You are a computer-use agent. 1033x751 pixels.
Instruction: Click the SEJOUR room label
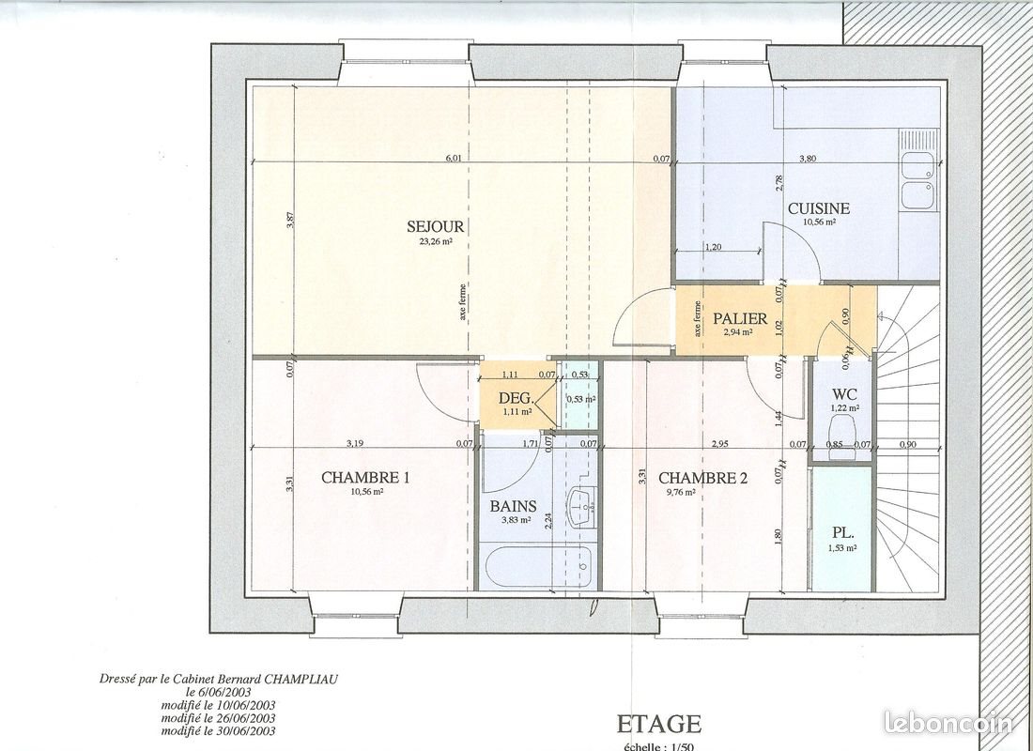[436, 226]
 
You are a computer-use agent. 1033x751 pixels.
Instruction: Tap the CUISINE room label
[819, 208]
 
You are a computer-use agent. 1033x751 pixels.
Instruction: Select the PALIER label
[740, 318]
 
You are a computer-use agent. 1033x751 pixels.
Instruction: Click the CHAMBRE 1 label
[365, 478]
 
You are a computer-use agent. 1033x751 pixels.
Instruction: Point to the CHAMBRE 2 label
[703, 478]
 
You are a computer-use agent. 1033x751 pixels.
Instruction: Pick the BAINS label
[513, 506]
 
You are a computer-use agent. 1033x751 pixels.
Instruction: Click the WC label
[843, 394]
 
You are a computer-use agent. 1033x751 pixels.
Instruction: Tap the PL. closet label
[841, 532]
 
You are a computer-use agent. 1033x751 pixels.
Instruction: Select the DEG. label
[516, 398]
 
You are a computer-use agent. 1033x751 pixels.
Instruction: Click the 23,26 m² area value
[436, 240]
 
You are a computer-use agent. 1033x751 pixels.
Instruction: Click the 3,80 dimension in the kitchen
[807, 160]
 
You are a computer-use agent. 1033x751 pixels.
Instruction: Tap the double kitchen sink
[917, 181]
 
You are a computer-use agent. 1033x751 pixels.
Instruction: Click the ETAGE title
[658, 723]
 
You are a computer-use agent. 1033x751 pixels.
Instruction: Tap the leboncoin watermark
[948, 723]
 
